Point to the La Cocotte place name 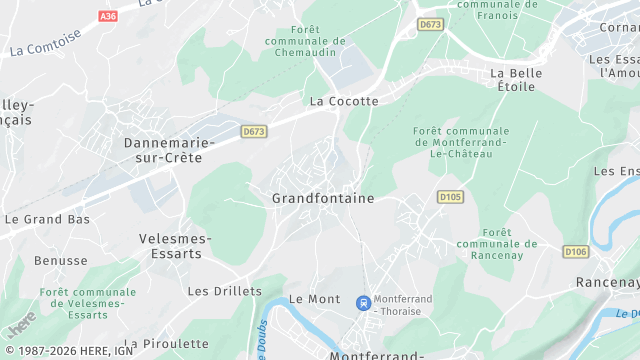click(x=344, y=101)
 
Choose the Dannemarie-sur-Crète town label click(x=169, y=150)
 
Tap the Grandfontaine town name click(x=323, y=198)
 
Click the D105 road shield click(x=451, y=197)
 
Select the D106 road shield click(x=575, y=251)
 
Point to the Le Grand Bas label click(x=47, y=218)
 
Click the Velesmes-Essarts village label click(x=175, y=246)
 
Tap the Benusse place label click(x=60, y=260)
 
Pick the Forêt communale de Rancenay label click(x=496, y=243)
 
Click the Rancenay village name click(x=607, y=283)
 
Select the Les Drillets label click(x=225, y=291)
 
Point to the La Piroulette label click(x=168, y=343)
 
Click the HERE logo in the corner click(x=21, y=323)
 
